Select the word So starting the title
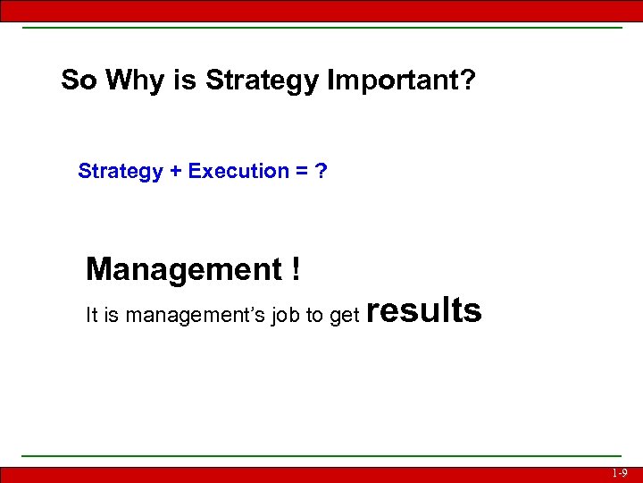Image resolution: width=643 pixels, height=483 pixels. [78, 81]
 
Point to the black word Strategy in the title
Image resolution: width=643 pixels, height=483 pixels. [262, 81]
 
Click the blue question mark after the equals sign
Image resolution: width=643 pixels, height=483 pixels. [321, 171]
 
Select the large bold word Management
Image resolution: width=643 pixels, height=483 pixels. [183, 268]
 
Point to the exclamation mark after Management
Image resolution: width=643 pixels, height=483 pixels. [295, 268]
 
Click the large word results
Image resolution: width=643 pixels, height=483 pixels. [424, 310]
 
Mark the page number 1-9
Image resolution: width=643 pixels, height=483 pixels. [620, 473]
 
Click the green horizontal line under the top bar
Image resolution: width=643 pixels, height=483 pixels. [321, 27]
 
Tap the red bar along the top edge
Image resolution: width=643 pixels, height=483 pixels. [321, 10]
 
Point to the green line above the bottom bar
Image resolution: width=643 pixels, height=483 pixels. [321, 456]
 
